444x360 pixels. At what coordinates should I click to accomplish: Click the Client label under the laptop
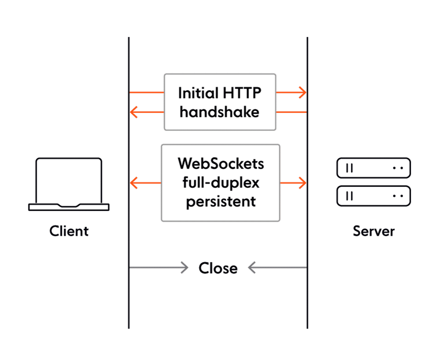click(69, 231)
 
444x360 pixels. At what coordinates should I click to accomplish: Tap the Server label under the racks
click(374, 231)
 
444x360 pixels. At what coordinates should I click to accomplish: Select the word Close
click(218, 268)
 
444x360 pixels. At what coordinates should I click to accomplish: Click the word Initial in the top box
click(198, 93)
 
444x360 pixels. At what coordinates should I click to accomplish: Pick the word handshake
click(220, 112)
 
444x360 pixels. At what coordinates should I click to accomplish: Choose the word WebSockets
click(221, 163)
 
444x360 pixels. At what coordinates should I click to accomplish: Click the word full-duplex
click(221, 183)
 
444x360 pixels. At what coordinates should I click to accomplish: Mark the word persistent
click(221, 202)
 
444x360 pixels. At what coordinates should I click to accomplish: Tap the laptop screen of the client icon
click(69, 180)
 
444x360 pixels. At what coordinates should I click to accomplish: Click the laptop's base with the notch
click(69, 207)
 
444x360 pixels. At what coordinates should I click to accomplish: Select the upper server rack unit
click(374, 168)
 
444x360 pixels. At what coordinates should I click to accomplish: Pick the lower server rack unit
click(374, 196)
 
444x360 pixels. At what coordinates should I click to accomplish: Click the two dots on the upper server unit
click(398, 168)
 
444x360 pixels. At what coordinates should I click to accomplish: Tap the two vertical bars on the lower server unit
click(349, 196)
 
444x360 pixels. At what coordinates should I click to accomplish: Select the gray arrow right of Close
click(277, 267)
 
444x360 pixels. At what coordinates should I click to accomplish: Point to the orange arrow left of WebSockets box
click(145, 183)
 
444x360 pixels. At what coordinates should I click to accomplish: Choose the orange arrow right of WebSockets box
click(293, 183)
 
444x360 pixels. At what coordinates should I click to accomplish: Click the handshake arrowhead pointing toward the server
click(302, 93)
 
